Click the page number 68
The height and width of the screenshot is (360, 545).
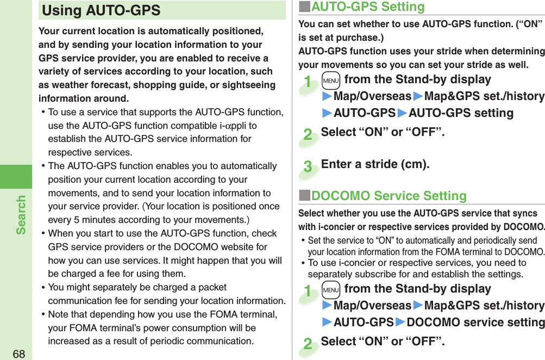[x=19, y=353]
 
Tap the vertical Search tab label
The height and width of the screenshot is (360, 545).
[x=21, y=215]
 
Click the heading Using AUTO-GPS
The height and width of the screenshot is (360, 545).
[x=102, y=10]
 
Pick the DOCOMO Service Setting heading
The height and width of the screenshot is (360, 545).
[x=389, y=196]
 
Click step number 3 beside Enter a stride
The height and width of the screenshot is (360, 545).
[x=308, y=166]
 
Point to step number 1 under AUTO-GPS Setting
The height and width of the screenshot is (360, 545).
[x=308, y=83]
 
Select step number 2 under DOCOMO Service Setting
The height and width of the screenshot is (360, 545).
[x=308, y=344]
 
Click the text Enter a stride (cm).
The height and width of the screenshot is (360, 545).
[x=375, y=164]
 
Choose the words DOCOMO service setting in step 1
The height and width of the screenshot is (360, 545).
[x=475, y=322]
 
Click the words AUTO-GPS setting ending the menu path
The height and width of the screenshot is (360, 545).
[x=461, y=113]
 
